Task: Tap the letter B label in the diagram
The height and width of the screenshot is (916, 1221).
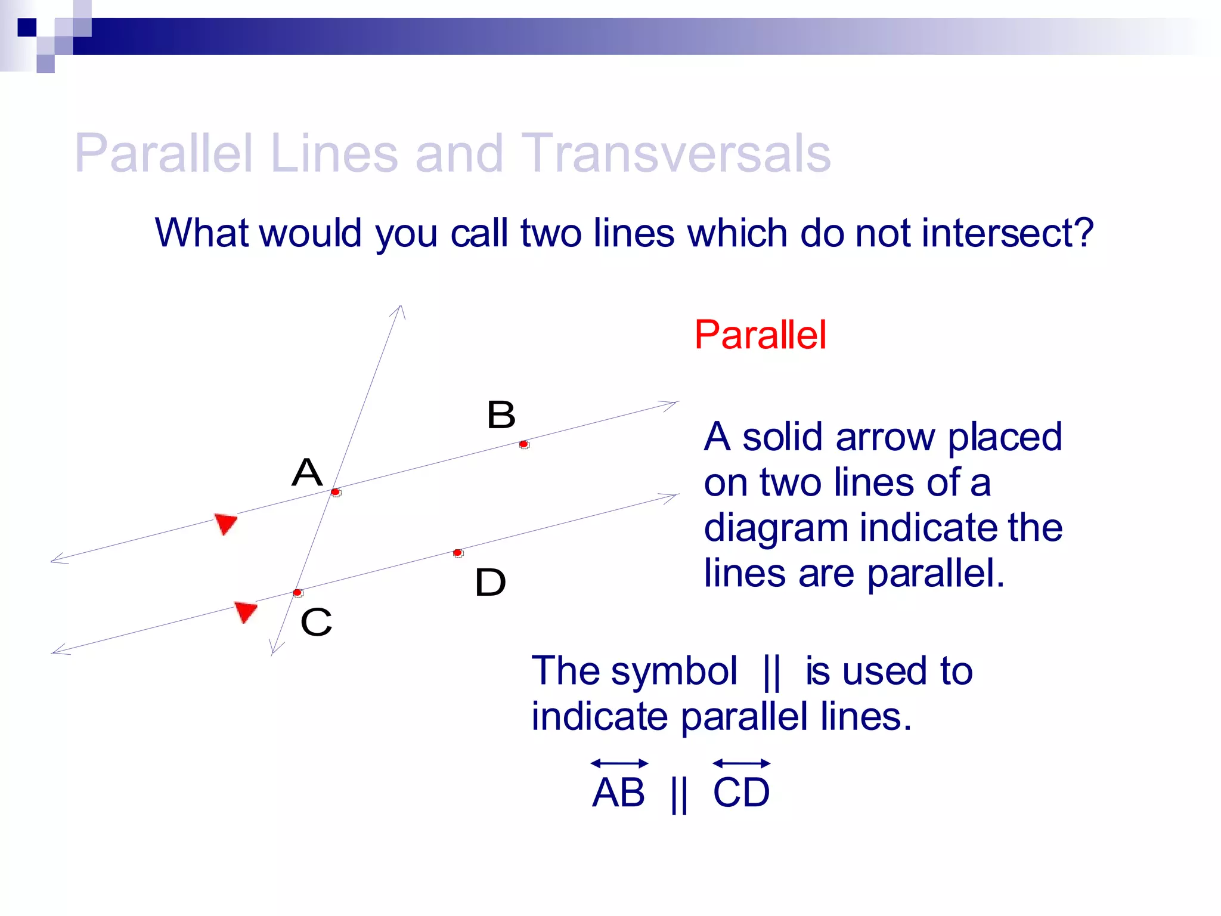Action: point(501,414)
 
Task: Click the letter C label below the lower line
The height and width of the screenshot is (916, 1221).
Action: point(316,622)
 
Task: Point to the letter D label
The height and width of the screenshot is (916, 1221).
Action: point(490,582)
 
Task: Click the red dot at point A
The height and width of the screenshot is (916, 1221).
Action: point(336,492)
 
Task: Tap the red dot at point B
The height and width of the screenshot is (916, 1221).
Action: point(523,444)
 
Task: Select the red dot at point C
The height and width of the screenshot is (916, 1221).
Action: point(297,592)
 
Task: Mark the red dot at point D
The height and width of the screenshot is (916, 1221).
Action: point(457,553)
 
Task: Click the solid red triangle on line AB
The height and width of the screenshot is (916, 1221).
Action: point(226,523)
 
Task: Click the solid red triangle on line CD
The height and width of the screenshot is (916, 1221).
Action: point(245,611)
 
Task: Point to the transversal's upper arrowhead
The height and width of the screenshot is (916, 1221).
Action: point(400,310)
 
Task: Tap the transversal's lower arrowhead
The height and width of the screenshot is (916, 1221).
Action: point(275,648)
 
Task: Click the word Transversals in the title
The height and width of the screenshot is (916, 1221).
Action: point(675,153)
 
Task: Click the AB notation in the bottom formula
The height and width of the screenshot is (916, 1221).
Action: point(618,793)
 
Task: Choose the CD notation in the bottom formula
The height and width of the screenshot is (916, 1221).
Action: point(741,793)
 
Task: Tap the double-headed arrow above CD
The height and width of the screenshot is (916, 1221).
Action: point(741,763)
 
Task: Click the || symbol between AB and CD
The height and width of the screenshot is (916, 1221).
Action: point(679,794)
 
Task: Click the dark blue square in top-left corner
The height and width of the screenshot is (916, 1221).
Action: point(27,27)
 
